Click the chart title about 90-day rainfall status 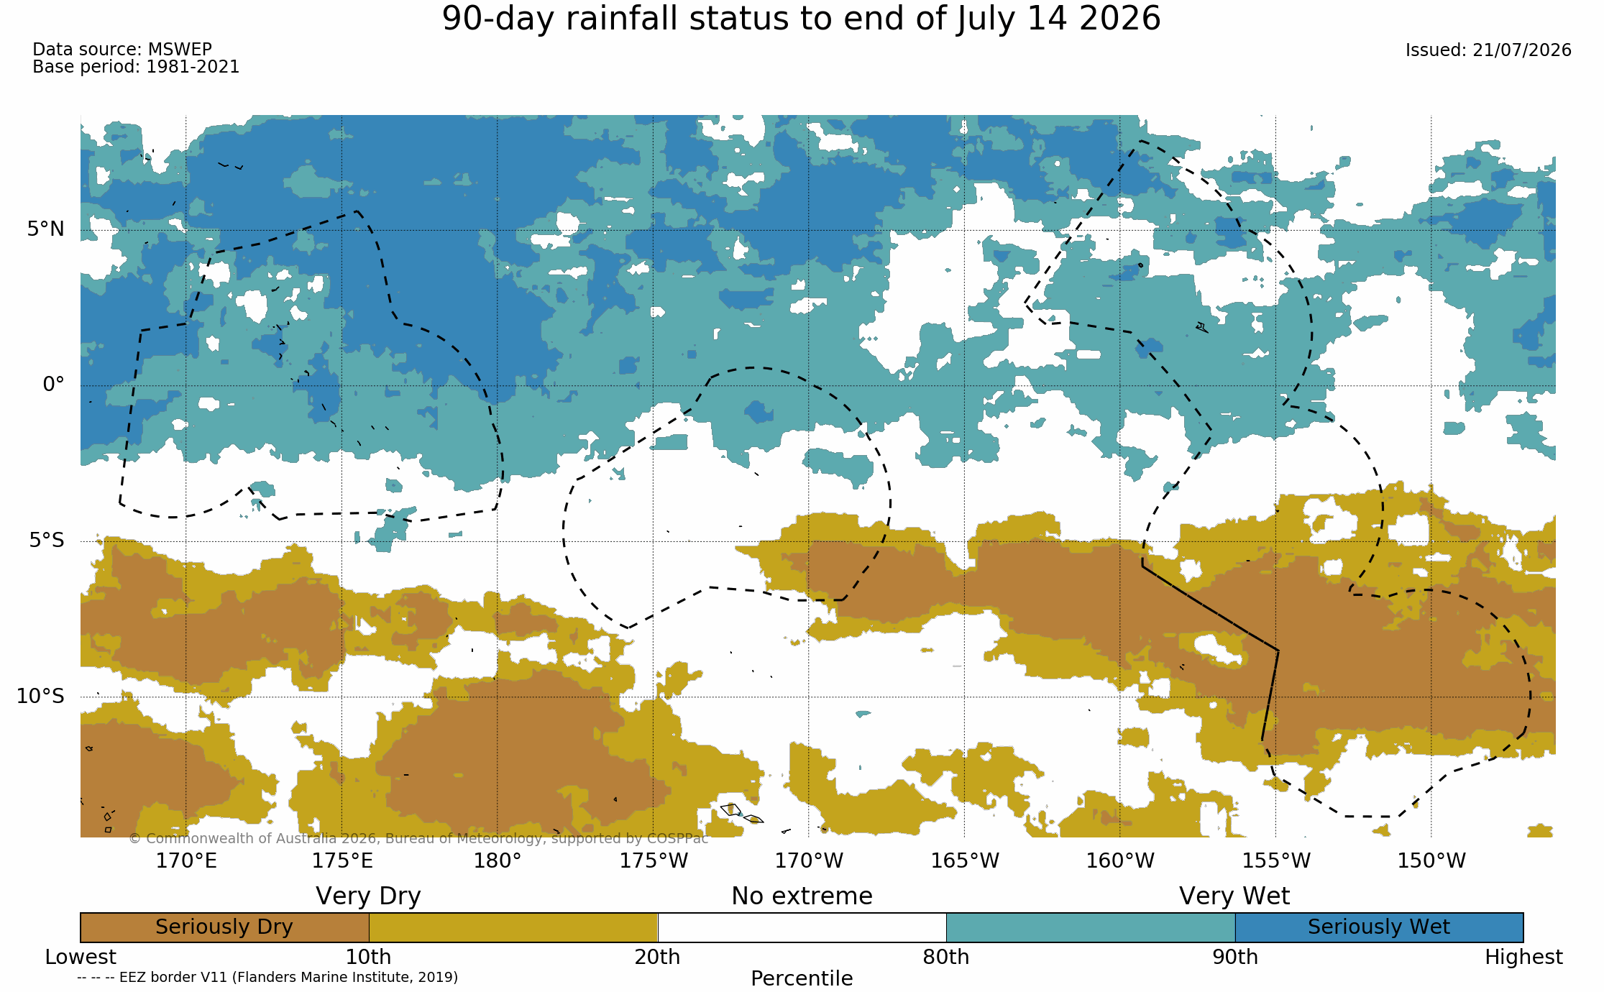click(x=801, y=19)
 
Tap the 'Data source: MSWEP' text click(x=122, y=50)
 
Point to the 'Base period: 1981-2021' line click(x=136, y=67)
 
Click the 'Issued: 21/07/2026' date click(x=1488, y=50)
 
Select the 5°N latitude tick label click(x=46, y=229)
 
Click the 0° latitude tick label click(x=53, y=385)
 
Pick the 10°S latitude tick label click(x=40, y=696)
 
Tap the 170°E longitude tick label click(x=186, y=860)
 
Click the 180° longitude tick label click(x=497, y=860)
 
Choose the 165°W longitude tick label click(x=965, y=860)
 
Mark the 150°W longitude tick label click(x=1431, y=860)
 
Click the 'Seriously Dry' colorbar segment click(x=224, y=927)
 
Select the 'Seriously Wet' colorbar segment click(x=1379, y=927)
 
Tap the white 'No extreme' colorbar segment click(x=802, y=927)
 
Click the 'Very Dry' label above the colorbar click(x=368, y=896)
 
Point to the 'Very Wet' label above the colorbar click(x=1234, y=896)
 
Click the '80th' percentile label click(x=946, y=957)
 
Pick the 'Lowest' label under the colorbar click(x=81, y=957)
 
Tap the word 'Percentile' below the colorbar click(x=802, y=978)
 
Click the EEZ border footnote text click(x=267, y=978)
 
